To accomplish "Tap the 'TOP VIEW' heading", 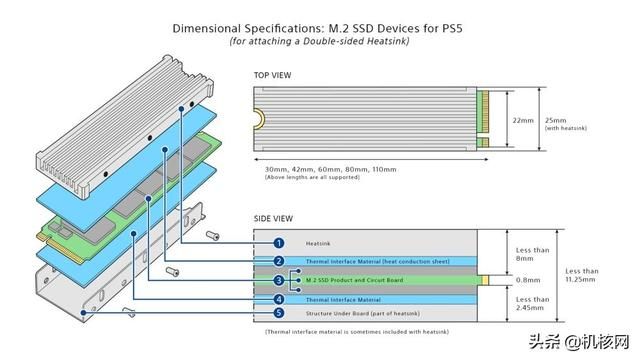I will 273,75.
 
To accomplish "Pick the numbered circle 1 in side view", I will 279,242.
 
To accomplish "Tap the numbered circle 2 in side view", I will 279,261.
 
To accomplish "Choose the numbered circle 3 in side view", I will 279,280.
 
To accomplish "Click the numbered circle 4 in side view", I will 279,299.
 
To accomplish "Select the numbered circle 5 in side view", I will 279,313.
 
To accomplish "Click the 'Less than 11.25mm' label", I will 583,275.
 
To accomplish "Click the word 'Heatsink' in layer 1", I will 318,243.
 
